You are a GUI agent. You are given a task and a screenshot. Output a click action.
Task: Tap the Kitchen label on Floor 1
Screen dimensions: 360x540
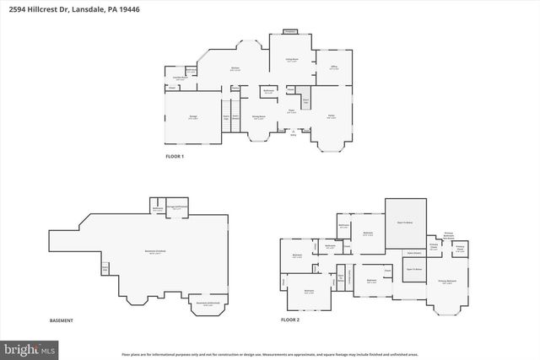point(236,69)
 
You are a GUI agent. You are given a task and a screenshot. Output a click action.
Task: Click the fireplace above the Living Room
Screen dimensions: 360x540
point(289,31)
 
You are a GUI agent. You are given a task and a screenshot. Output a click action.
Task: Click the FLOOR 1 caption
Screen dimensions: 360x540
point(175,157)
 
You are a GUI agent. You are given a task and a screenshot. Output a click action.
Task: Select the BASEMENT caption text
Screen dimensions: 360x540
point(61,320)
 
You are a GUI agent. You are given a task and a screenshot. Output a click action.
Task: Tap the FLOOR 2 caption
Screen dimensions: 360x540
point(291,320)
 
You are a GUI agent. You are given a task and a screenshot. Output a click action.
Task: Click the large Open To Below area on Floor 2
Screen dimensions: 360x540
point(405,223)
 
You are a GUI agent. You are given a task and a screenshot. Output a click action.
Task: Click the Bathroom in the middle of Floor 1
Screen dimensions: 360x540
point(268,92)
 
